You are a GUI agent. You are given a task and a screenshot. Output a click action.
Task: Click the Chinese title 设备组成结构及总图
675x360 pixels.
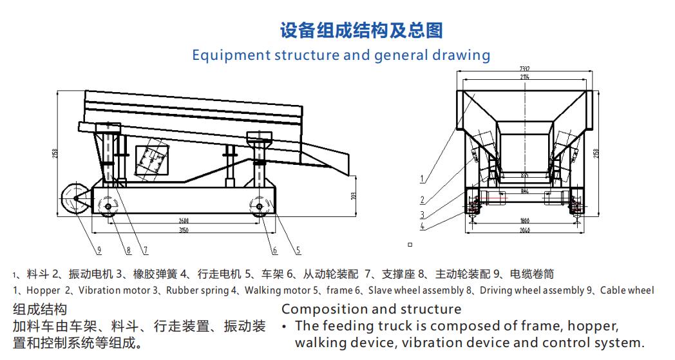pos(361,30)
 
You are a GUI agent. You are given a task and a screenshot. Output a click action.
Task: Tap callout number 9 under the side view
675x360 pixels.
pos(100,250)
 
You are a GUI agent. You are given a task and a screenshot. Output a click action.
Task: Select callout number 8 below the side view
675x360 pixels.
pos(129,250)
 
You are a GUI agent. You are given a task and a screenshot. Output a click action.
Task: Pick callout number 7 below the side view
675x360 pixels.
pos(146,250)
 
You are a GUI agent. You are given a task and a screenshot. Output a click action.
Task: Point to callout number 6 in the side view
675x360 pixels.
pos(274,250)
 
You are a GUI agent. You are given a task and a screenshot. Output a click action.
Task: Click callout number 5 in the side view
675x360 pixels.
pos(298,250)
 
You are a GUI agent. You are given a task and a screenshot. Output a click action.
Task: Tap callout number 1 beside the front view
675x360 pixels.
pos(422,179)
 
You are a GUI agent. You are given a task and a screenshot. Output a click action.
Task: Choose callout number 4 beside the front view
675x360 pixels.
pos(422,225)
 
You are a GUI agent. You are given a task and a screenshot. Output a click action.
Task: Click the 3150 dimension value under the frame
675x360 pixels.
pos(185,229)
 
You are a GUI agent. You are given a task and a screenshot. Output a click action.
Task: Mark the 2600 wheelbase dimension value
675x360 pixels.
pos(184,221)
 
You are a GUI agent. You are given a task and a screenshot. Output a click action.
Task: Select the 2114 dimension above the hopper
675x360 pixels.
pos(525,77)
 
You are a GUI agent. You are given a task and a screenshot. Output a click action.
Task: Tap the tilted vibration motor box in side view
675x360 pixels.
pos(151,158)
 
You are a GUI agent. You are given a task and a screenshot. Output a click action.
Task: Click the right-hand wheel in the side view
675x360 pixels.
pos(260,206)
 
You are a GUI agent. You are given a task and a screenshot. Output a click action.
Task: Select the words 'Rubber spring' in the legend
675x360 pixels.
pos(193,290)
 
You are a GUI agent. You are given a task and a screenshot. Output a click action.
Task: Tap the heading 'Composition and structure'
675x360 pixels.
pos(371,309)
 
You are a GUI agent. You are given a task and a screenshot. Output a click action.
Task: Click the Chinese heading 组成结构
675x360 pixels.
pos(39,309)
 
